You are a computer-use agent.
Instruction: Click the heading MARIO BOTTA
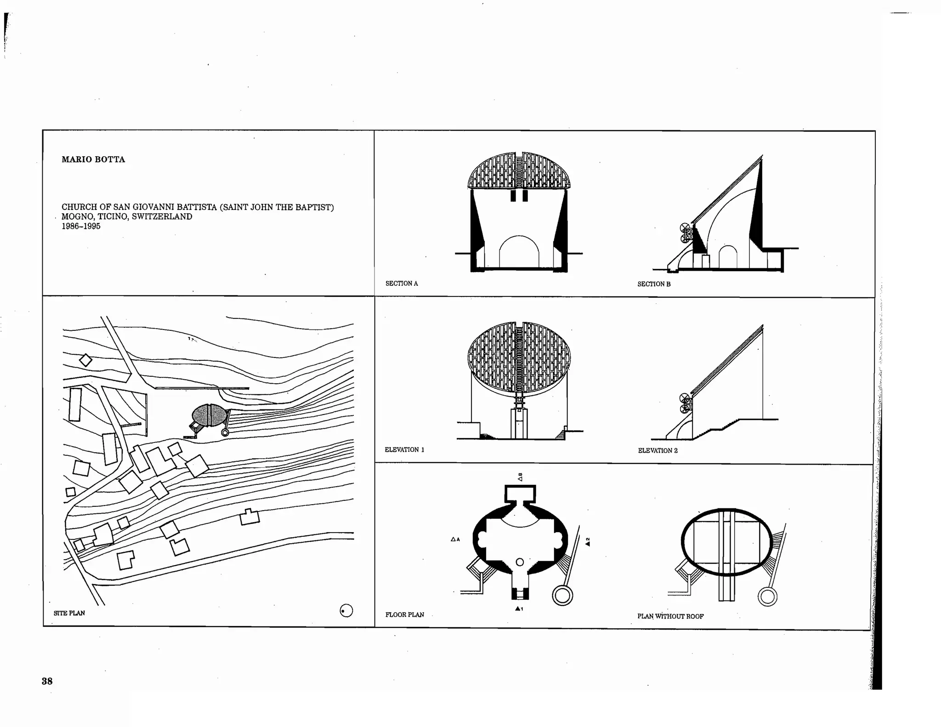click(x=93, y=159)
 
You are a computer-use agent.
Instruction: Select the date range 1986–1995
click(x=81, y=226)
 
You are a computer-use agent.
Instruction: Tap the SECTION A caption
click(x=402, y=284)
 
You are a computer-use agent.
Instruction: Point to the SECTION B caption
click(x=654, y=284)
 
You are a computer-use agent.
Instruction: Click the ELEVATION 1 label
click(x=404, y=449)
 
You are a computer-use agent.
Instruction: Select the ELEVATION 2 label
click(x=658, y=450)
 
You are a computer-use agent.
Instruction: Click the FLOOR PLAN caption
click(x=404, y=614)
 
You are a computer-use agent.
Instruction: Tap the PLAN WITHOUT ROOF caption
click(x=670, y=616)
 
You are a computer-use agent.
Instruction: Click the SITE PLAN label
click(x=69, y=613)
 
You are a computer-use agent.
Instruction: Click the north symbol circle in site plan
click(x=346, y=611)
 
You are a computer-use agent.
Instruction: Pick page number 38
click(x=47, y=681)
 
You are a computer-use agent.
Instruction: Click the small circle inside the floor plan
click(x=520, y=562)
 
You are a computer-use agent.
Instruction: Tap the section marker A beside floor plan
click(x=455, y=539)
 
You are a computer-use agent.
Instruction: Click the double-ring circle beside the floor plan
click(x=562, y=596)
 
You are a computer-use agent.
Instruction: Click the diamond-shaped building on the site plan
click(x=85, y=360)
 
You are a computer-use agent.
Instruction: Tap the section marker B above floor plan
click(x=520, y=477)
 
